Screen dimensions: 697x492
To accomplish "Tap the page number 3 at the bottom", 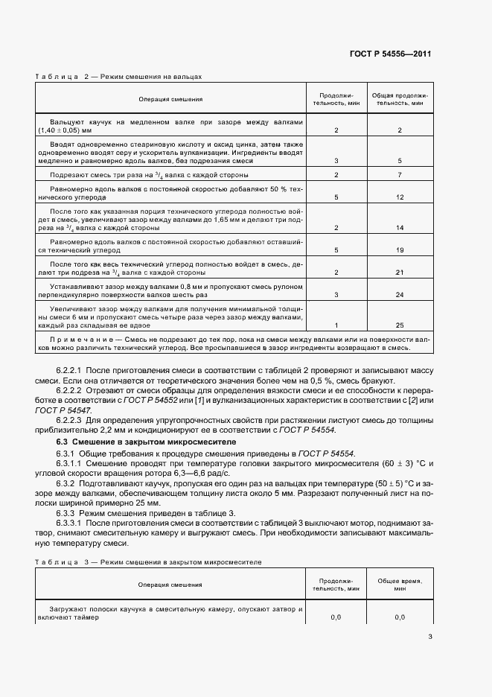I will (x=430, y=636).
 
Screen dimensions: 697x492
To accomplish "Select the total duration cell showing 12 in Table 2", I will (x=400, y=197).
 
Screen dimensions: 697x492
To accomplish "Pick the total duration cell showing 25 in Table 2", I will (x=400, y=325).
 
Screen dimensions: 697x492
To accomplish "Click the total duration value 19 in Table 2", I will (x=400, y=250).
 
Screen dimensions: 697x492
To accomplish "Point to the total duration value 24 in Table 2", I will (x=400, y=294).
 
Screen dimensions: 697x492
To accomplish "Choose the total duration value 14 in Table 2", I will (x=400, y=228).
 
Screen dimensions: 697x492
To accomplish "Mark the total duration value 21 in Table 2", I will (x=400, y=273).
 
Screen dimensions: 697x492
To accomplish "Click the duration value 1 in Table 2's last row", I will (x=336, y=325).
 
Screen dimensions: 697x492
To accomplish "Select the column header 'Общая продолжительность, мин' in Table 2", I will (x=400, y=100).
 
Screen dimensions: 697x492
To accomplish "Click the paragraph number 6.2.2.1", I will (x=72, y=370).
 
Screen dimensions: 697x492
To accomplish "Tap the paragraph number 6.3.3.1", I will (x=72, y=523).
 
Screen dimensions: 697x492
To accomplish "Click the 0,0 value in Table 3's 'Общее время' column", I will (x=400, y=617).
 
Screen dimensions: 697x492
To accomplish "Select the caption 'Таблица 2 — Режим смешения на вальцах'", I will (x=118, y=76).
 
